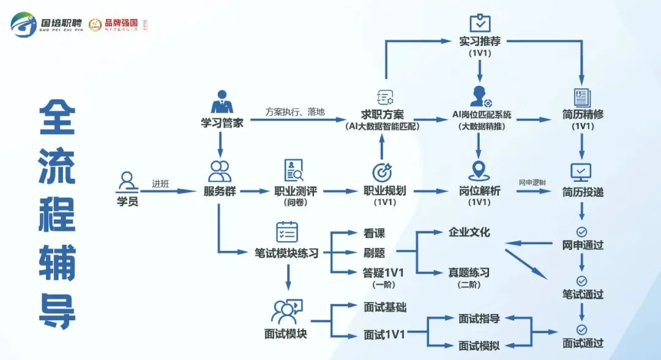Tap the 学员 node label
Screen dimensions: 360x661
pyautogui.click(x=127, y=201)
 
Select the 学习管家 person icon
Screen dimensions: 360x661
pyautogui.click(x=222, y=102)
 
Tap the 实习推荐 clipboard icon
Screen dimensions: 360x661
pyautogui.click(x=480, y=23)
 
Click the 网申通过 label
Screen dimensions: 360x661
pyautogui.click(x=583, y=246)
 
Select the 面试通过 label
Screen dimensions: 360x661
pyautogui.click(x=583, y=343)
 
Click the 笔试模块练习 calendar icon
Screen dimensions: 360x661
pyautogui.click(x=287, y=231)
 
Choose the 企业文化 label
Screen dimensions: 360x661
pyautogui.click(x=469, y=233)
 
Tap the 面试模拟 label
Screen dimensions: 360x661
pyautogui.click(x=479, y=346)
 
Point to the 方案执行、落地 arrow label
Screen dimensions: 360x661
pyautogui.click(x=295, y=112)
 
